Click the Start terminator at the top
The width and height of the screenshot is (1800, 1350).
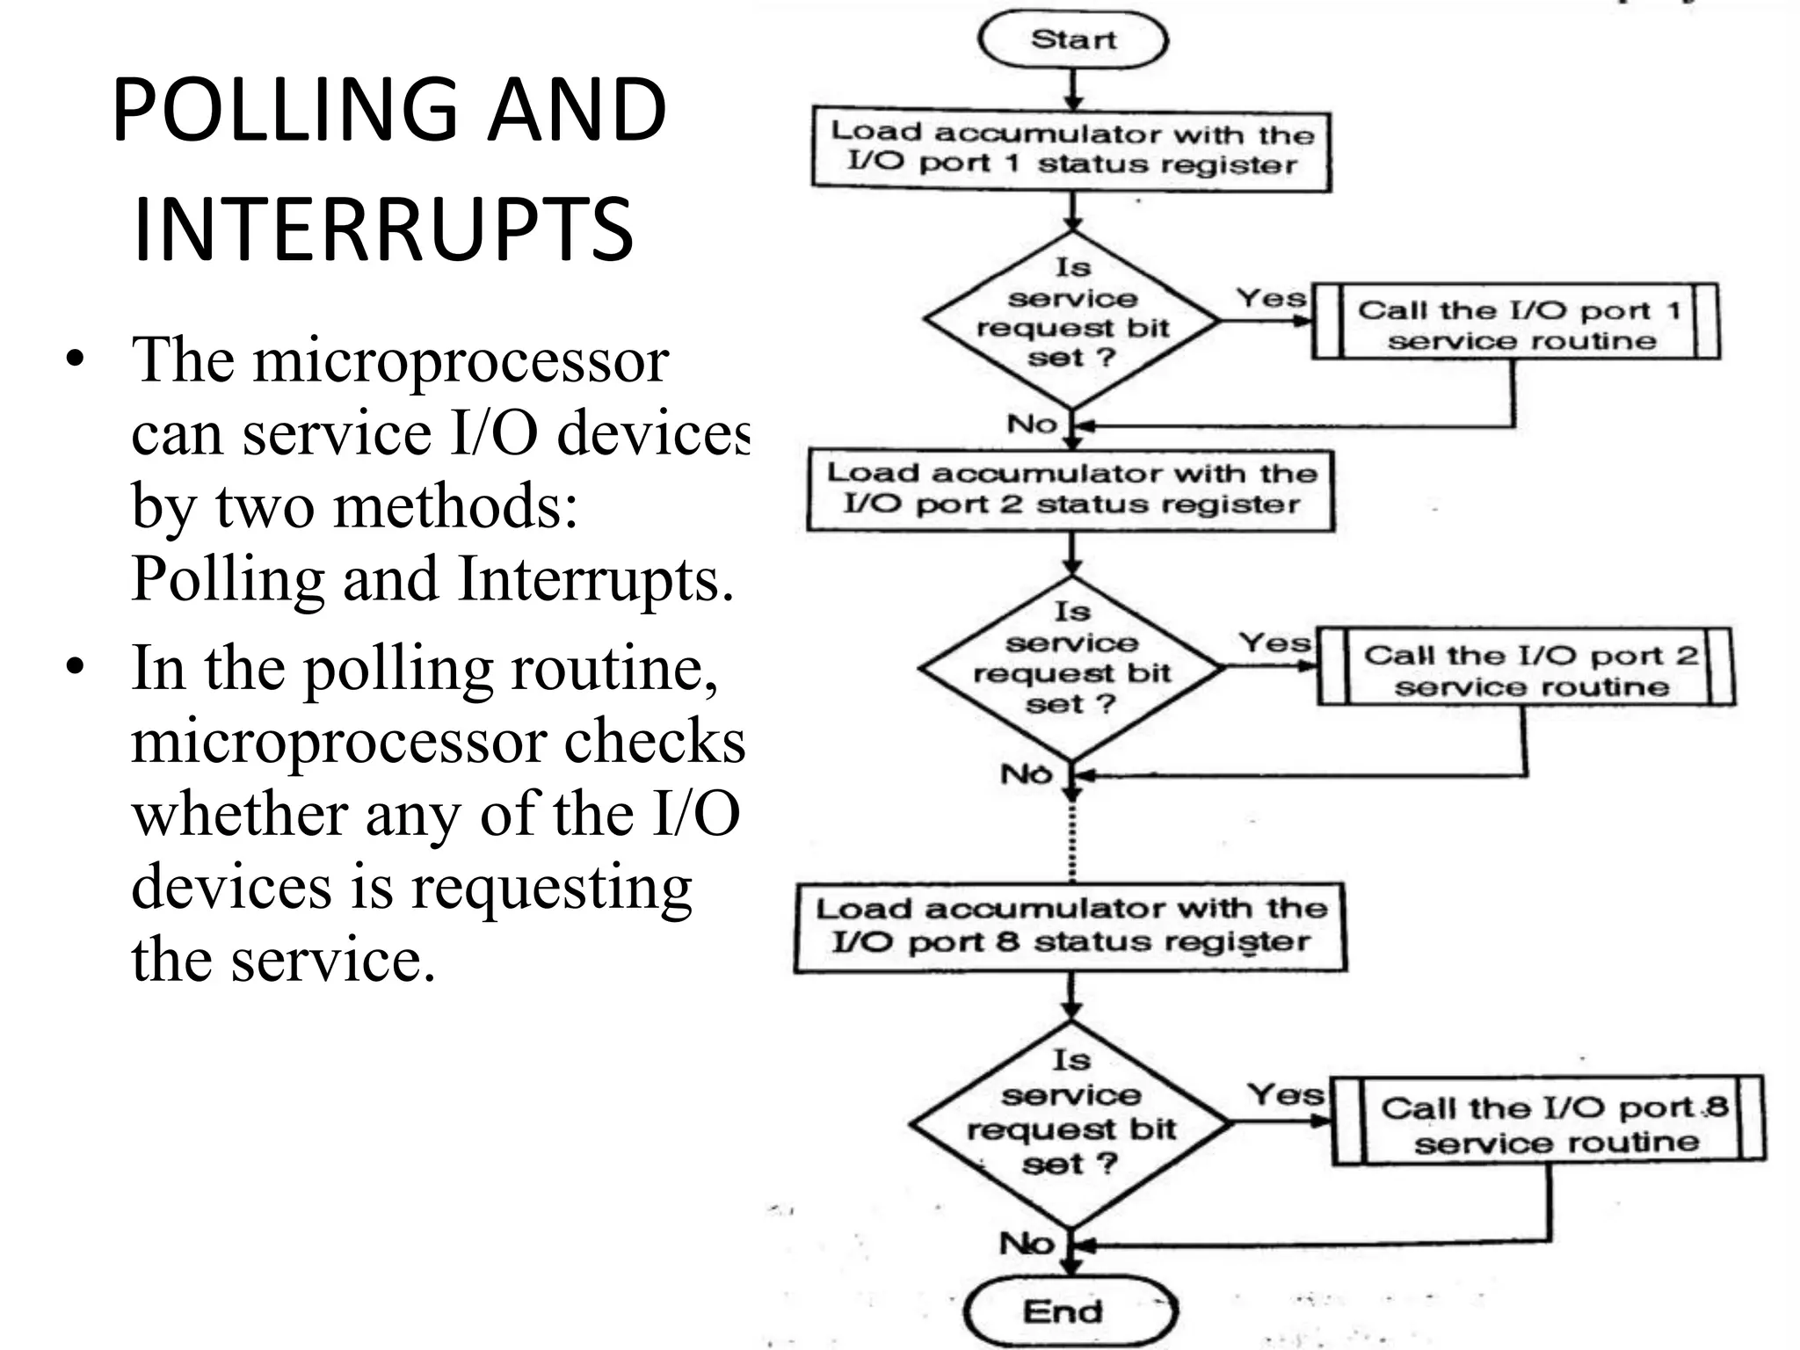tap(1072, 40)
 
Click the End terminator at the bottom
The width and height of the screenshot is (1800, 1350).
tap(1069, 1312)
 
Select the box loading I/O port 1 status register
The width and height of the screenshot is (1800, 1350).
tap(1071, 149)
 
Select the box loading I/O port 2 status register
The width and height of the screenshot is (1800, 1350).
tap(1071, 490)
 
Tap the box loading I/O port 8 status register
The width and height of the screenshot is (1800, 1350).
tap(1070, 925)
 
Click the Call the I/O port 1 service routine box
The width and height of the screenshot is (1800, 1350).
tap(1515, 322)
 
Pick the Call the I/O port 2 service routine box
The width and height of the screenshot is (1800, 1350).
tap(1527, 668)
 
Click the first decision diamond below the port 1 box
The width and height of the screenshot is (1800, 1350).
tap(1071, 321)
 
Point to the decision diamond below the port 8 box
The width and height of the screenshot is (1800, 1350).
tap(1071, 1123)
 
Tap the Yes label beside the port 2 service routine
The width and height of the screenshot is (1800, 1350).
tap(1274, 643)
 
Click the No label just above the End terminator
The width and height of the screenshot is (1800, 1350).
tap(1026, 1244)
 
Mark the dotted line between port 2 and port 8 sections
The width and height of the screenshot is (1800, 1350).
tap(1072, 839)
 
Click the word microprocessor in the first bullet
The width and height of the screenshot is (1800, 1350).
tap(461, 361)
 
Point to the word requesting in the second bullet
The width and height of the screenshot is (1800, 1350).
tap(551, 887)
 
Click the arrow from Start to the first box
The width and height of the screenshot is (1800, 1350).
tap(1072, 88)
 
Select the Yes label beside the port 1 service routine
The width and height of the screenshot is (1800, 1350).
tap(1271, 298)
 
